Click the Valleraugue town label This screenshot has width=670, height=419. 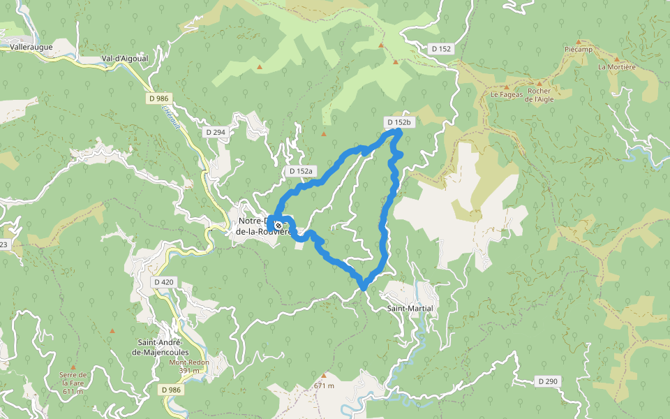click(33, 47)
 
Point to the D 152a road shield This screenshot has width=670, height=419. click(302, 171)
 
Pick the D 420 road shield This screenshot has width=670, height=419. click(163, 281)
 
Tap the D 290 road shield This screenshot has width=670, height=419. click(548, 381)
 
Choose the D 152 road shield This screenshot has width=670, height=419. click(442, 49)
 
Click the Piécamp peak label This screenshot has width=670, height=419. click(577, 50)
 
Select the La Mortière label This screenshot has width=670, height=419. click(616, 67)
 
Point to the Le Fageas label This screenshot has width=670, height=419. click(506, 95)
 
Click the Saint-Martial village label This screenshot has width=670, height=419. click(410, 308)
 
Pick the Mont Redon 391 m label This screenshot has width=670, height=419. click(189, 366)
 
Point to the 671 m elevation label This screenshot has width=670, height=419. click(325, 385)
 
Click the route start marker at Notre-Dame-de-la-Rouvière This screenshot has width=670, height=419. click(278, 226)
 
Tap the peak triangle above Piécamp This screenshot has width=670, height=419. click(578, 41)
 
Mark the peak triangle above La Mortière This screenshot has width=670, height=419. click(616, 59)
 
